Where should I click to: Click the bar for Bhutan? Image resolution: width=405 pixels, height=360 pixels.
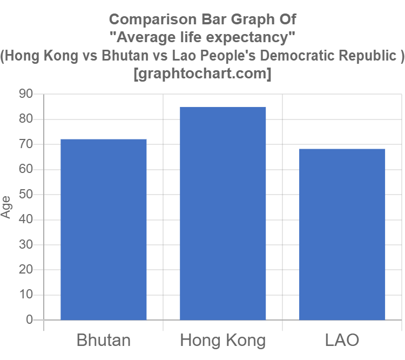tap(104, 229)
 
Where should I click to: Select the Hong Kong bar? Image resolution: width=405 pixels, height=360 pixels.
tap(223, 213)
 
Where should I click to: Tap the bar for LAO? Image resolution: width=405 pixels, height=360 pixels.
tap(342, 234)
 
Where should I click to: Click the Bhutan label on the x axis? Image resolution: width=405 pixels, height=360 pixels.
tap(104, 341)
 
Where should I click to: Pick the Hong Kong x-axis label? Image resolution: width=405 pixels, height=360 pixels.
tap(223, 341)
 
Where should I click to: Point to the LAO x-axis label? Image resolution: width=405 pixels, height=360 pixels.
tap(342, 341)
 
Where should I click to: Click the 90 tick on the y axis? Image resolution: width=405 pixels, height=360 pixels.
tap(26, 94)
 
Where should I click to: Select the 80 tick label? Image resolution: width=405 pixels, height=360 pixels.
tap(26, 119)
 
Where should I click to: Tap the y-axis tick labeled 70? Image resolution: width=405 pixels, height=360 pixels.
tap(26, 144)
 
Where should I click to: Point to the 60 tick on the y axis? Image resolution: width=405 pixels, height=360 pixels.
tap(26, 169)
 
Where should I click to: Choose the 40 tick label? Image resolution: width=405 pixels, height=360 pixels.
tap(26, 219)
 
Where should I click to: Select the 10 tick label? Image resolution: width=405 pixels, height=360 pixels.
tap(26, 295)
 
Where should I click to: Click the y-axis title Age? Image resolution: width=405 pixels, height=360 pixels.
tap(6, 206)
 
